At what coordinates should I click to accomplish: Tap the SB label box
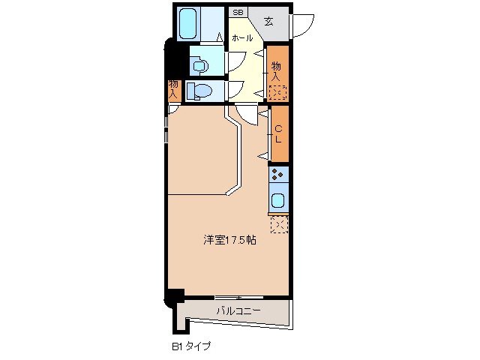(x=238, y=12)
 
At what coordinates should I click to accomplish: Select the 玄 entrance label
(x=268, y=20)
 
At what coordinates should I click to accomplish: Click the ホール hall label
(x=241, y=37)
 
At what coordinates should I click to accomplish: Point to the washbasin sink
(x=199, y=65)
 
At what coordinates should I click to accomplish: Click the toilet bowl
(x=198, y=91)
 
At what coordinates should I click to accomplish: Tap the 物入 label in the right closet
(x=277, y=71)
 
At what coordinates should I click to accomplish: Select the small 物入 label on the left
(x=173, y=89)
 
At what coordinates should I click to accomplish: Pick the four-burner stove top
(x=278, y=175)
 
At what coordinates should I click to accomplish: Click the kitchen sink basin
(x=277, y=200)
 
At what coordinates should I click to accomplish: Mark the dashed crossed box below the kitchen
(x=278, y=223)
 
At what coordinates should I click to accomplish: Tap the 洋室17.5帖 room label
(x=230, y=241)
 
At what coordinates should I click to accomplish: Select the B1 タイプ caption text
(x=190, y=346)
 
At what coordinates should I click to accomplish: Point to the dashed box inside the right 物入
(x=278, y=93)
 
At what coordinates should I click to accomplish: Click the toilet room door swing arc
(x=235, y=89)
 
